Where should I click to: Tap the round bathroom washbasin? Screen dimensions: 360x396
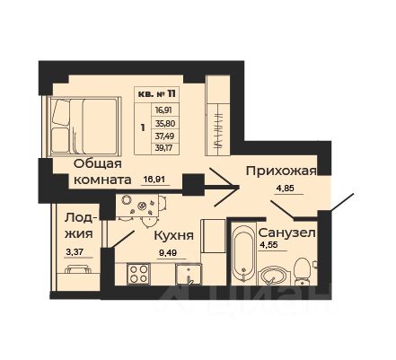point(275,273)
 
